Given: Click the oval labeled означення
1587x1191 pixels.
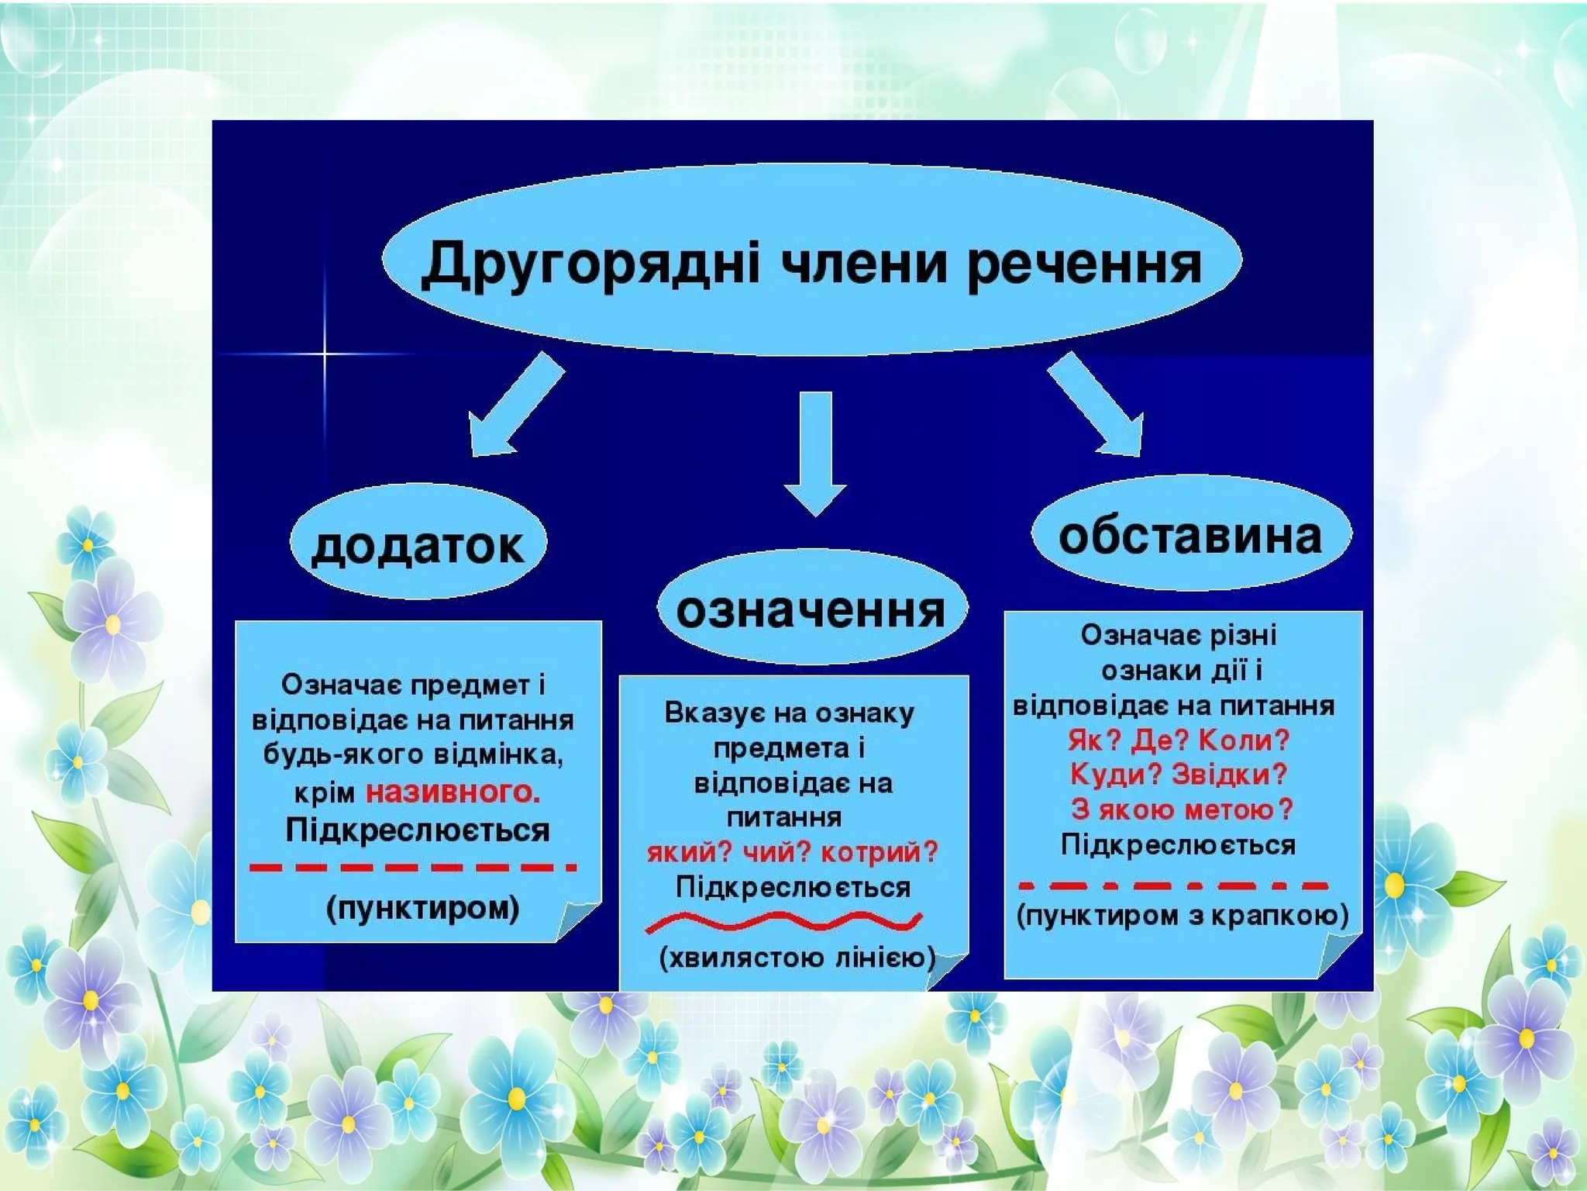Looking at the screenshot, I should (x=811, y=609).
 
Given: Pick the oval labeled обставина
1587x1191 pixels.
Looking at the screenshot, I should (x=1190, y=535).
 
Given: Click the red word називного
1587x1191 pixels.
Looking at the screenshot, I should (x=453, y=792).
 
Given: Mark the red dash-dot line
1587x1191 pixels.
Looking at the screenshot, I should (x=1173, y=885).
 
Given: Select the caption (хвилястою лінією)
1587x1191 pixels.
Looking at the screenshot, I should (x=797, y=958).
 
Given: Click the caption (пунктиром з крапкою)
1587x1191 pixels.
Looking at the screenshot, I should (x=1183, y=916).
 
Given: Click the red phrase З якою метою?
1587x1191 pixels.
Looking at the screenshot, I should (x=1182, y=810).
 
